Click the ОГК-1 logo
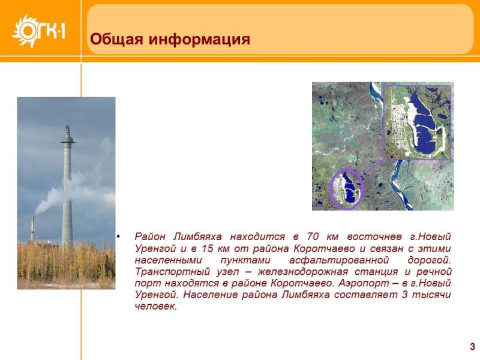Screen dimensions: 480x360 [38, 31]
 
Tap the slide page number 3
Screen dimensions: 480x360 [473, 347]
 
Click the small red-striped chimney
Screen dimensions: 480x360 [32, 229]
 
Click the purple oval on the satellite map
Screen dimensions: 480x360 [346, 189]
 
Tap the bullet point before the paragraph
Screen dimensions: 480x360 [118, 236]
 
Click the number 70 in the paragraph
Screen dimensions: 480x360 [313, 236]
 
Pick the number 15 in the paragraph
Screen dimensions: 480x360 [206, 248]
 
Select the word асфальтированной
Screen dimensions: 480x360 [339, 260]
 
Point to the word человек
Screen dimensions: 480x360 [156, 306]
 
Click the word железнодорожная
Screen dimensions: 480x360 [303, 272]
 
